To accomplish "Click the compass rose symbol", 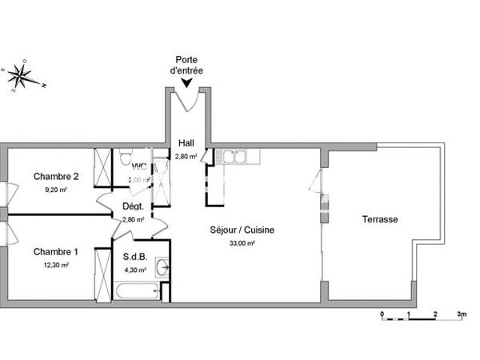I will click(22, 76).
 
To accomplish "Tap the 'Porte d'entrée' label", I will click(187, 65).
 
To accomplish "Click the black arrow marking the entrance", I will click(187, 82).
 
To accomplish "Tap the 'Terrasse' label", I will click(380, 219).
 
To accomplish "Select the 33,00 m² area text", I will click(242, 243).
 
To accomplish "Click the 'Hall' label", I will click(186, 144).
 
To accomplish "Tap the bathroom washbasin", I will click(164, 267).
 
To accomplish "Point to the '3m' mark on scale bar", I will click(462, 314).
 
